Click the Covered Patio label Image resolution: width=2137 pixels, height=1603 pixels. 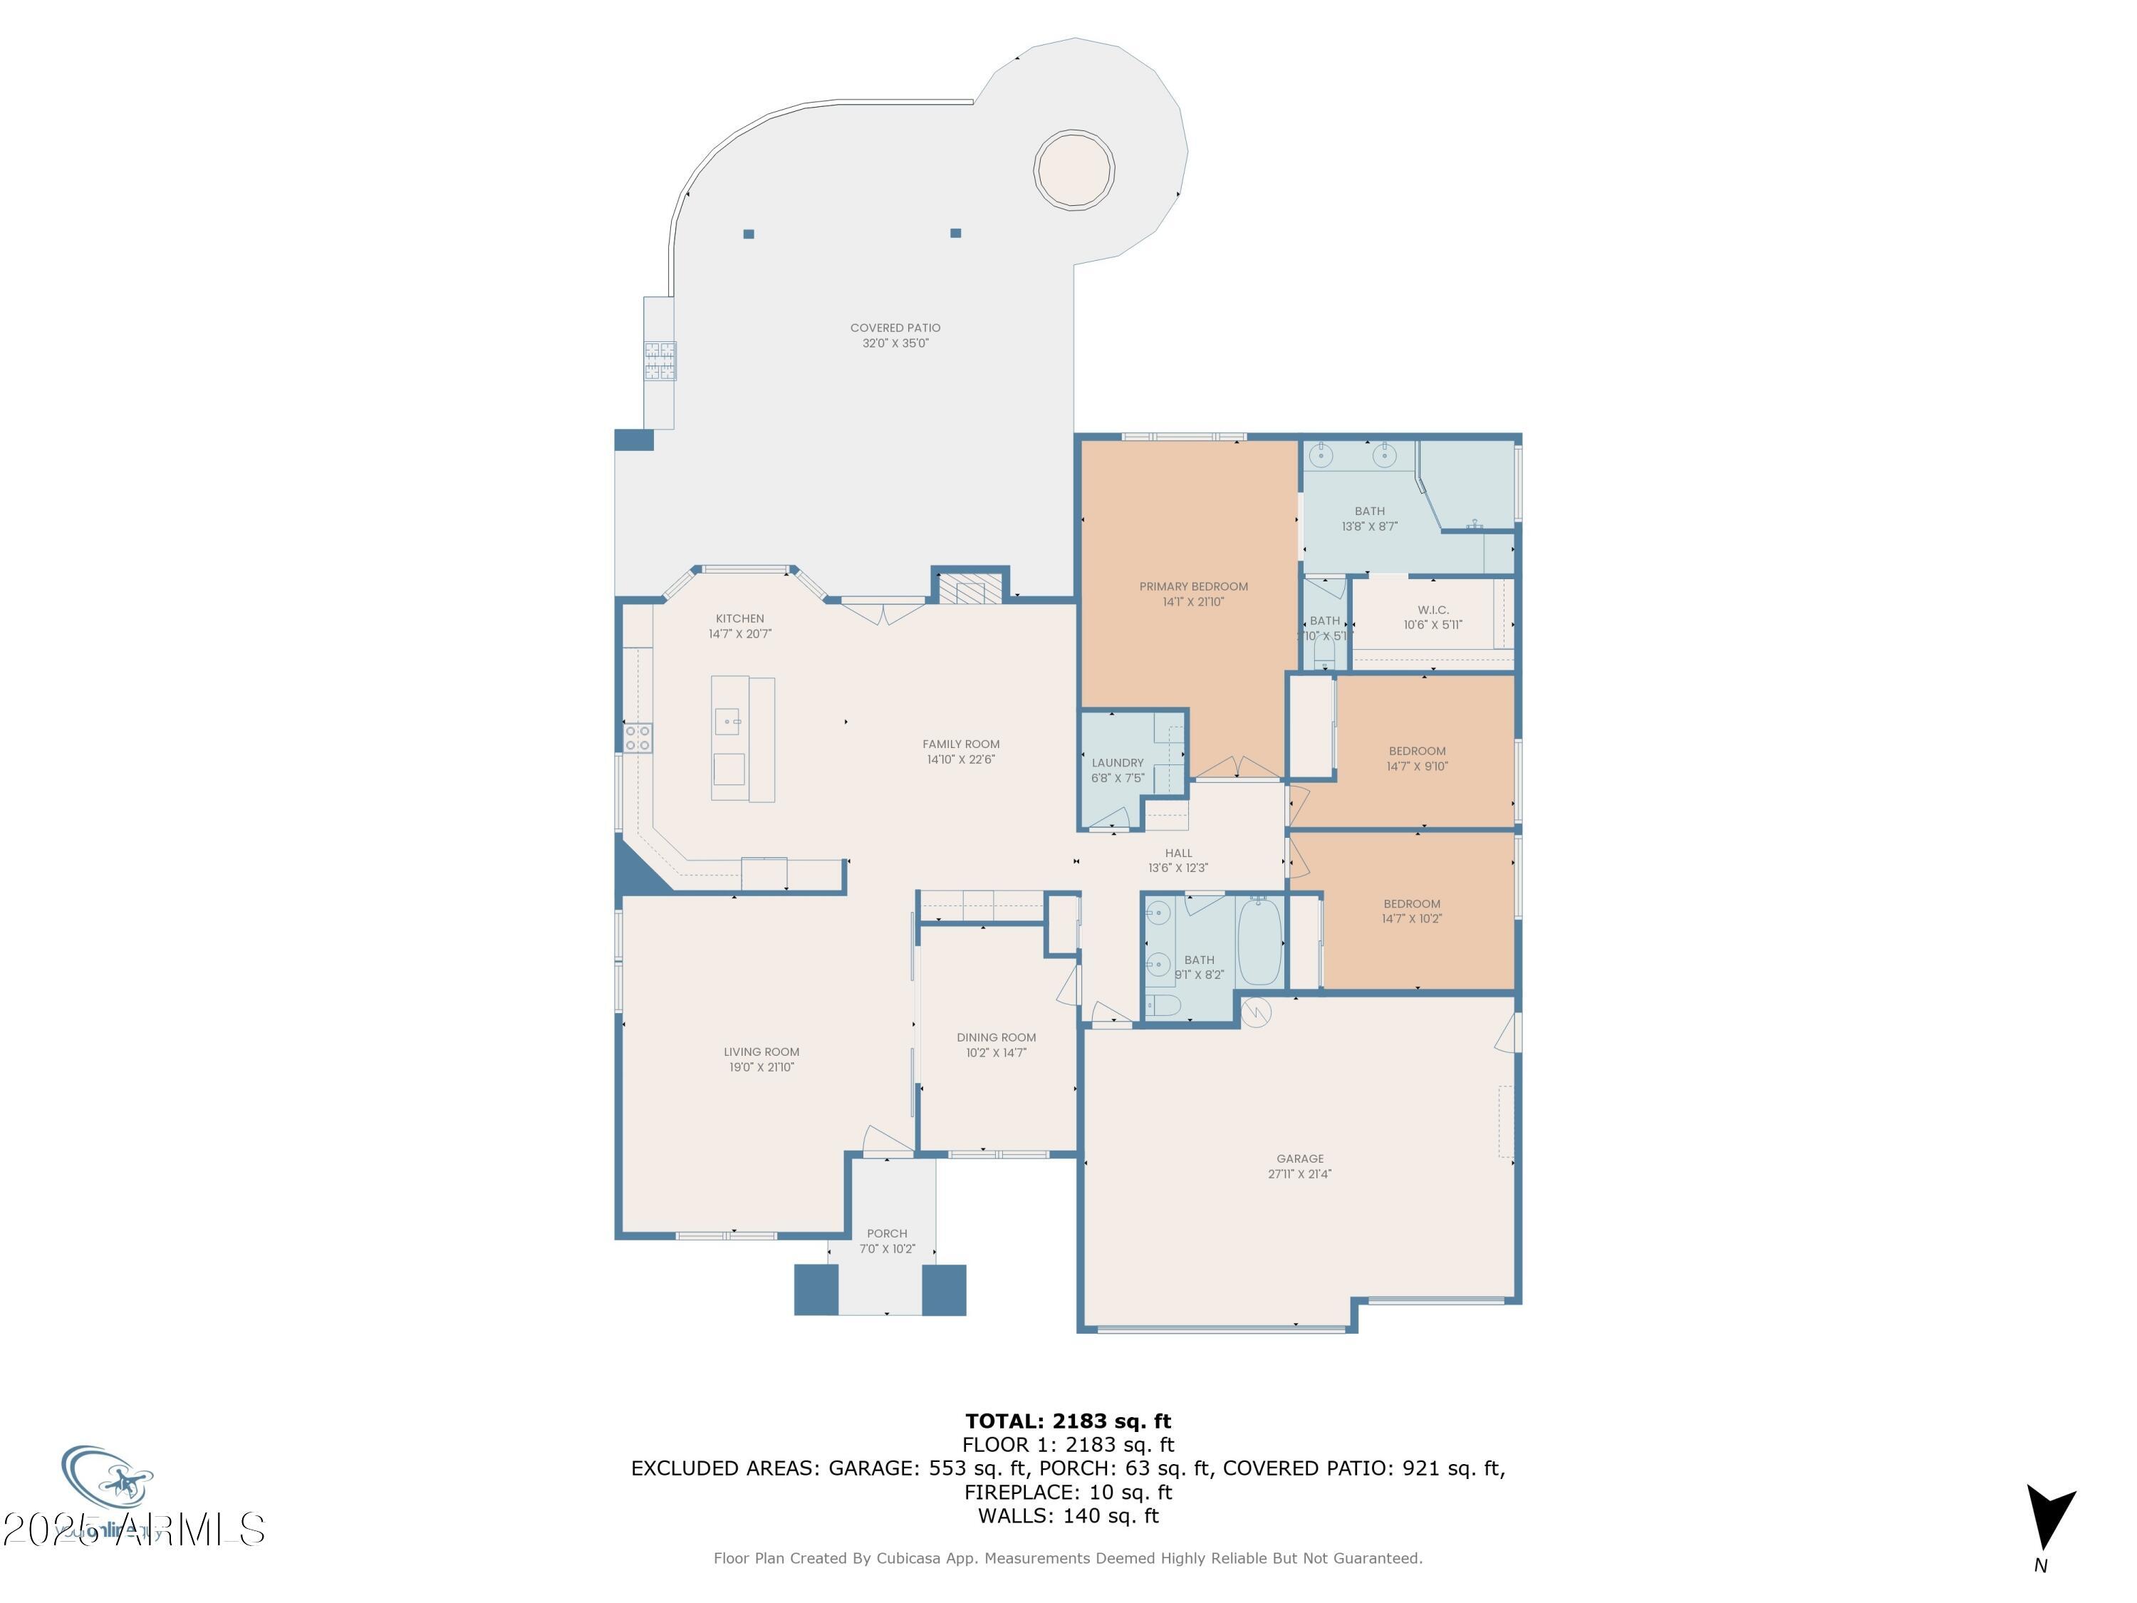pyautogui.click(x=895, y=328)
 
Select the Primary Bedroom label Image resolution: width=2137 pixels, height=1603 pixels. pyautogui.click(x=1193, y=586)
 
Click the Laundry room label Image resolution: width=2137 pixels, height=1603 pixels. pyautogui.click(x=1117, y=762)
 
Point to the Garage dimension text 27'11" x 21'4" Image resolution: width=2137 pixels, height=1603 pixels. pyautogui.click(x=1299, y=1174)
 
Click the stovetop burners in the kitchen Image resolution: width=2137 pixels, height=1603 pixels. pyautogui.click(x=638, y=738)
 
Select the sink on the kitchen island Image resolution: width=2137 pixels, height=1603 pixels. pyautogui.click(x=727, y=721)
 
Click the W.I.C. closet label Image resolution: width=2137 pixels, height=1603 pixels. pyautogui.click(x=1433, y=610)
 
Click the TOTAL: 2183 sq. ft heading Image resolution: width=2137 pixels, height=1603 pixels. pyautogui.click(x=1068, y=1421)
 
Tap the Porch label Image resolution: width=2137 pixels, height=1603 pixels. pyautogui.click(x=887, y=1234)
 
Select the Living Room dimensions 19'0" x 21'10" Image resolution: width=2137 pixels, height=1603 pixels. pyautogui.click(x=761, y=1068)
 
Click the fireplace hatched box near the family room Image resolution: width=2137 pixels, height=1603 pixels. pyautogui.click(x=963, y=591)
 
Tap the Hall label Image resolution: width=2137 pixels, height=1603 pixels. pyautogui.click(x=1177, y=854)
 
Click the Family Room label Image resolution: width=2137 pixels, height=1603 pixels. pyautogui.click(x=960, y=744)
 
